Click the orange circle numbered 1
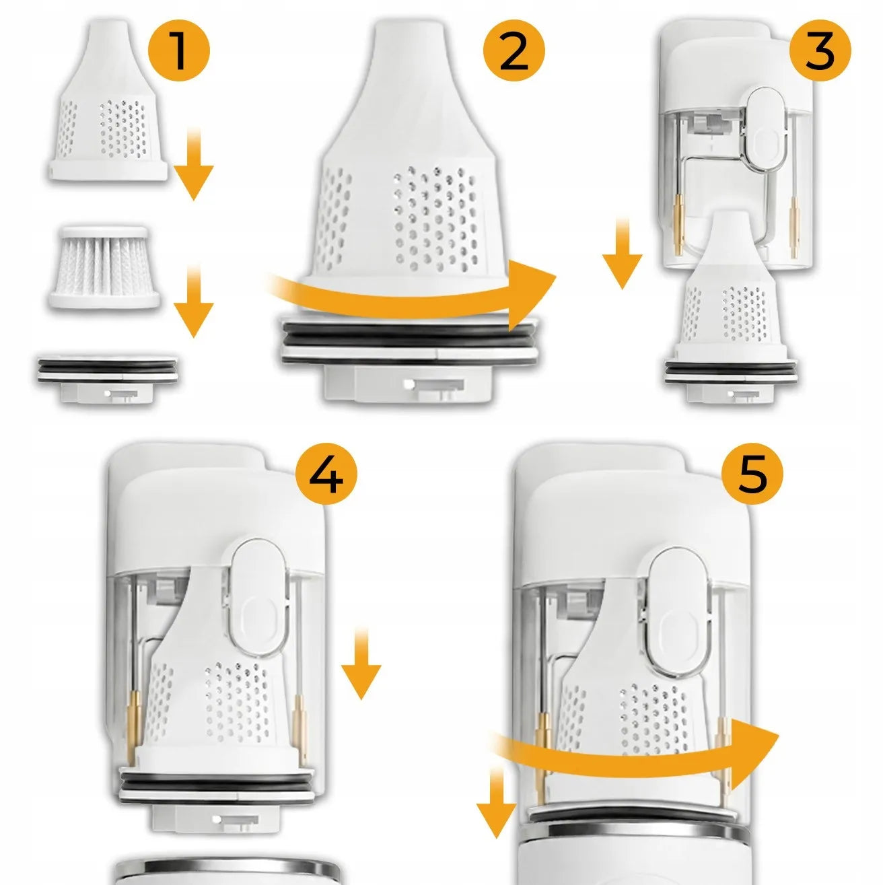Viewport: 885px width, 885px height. coord(178,50)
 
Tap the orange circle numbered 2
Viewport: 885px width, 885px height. coord(514,50)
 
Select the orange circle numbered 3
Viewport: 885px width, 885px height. coord(820,50)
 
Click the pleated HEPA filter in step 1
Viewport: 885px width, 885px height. coord(105,267)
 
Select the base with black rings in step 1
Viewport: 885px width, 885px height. coord(107,378)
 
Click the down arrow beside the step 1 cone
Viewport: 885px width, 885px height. coord(193,166)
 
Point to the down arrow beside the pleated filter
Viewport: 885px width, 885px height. coord(193,301)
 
